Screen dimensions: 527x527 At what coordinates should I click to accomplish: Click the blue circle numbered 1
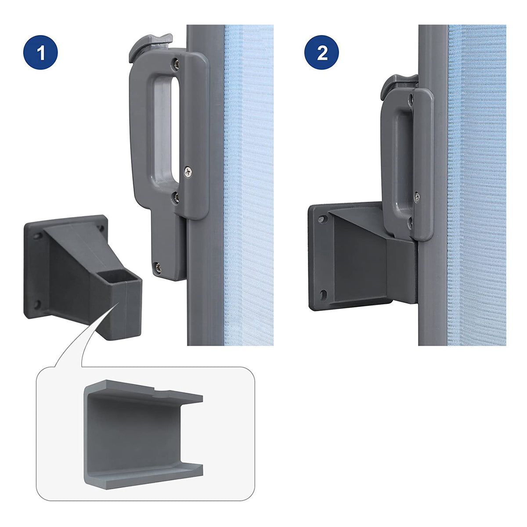40,52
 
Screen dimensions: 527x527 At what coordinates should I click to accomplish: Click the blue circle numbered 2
321,52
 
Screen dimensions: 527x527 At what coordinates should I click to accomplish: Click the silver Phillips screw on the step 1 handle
188,172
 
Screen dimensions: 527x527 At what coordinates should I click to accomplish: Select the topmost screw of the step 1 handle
177,64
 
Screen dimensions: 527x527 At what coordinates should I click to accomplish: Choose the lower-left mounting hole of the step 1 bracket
37,304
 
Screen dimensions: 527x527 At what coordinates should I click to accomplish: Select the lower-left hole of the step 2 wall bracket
323,295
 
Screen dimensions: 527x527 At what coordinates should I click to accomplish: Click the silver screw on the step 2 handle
417,197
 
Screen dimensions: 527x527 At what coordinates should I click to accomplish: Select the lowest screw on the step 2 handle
410,222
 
